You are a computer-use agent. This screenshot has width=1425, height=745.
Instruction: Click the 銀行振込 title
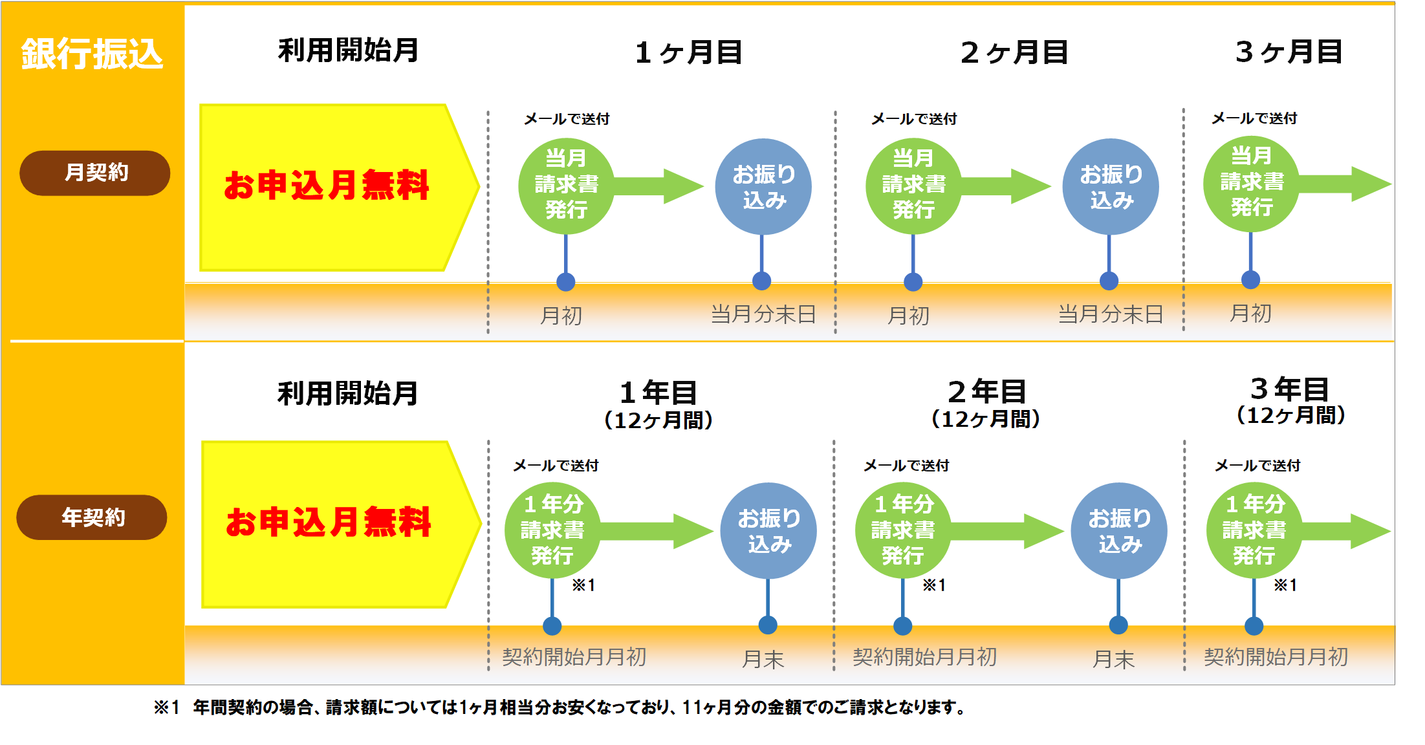point(92,54)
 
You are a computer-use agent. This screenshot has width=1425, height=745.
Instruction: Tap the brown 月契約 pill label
point(95,173)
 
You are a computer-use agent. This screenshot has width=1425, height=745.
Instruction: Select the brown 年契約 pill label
point(92,517)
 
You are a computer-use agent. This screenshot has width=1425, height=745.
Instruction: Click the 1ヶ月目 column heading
point(688,52)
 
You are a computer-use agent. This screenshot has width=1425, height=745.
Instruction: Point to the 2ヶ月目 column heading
point(1014,52)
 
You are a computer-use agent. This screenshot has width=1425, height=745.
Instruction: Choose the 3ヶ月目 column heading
point(1289,52)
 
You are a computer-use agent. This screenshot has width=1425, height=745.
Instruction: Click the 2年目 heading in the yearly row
point(986,391)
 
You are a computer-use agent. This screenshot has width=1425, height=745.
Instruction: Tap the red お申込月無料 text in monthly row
point(327,186)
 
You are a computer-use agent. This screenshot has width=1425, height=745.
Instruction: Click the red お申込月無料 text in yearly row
point(328,523)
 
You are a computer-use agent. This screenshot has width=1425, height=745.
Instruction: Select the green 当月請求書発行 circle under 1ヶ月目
point(566,186)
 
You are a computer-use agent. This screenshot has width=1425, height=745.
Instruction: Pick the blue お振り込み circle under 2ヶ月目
point(1110,186)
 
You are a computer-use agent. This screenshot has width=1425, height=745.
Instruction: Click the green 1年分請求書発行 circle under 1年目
point(552,530)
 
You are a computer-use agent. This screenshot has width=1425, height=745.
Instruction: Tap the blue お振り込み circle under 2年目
point(1119,530)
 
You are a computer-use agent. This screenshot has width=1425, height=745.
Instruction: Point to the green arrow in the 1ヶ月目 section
point(660,186)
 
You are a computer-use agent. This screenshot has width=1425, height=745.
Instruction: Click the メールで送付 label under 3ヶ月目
point(1254,118)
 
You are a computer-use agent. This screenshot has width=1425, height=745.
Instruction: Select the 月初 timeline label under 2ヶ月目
point(908,316)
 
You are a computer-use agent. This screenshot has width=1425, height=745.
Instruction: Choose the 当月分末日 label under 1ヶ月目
point(763,314)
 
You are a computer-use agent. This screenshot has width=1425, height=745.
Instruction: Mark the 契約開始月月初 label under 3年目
point(1276,657)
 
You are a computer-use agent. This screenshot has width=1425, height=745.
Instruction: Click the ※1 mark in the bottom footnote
point(166,707)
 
